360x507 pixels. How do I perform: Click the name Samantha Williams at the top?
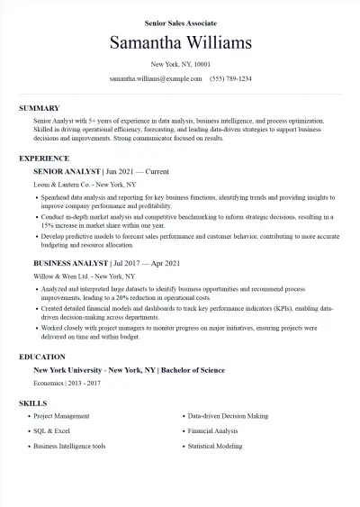coord(180,43)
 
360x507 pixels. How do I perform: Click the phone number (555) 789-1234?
coord(230,79)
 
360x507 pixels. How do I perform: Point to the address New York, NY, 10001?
coord(180,65)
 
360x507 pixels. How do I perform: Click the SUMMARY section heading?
coord(39,108)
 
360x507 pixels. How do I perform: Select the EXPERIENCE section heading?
coord(44,158)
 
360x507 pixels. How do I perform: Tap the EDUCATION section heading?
coord(41,357)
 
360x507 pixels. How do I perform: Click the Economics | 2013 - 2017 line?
coord(67,383)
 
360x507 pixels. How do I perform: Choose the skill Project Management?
coord(61,417)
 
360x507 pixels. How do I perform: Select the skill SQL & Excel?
coord(51,431)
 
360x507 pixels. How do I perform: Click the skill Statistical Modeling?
coord(215,446)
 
